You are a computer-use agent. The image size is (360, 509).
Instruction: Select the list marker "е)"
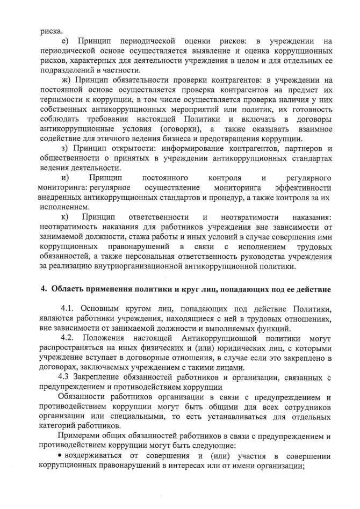66,41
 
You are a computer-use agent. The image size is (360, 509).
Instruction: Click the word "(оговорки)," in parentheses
179,129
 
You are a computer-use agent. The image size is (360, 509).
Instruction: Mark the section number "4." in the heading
45,290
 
